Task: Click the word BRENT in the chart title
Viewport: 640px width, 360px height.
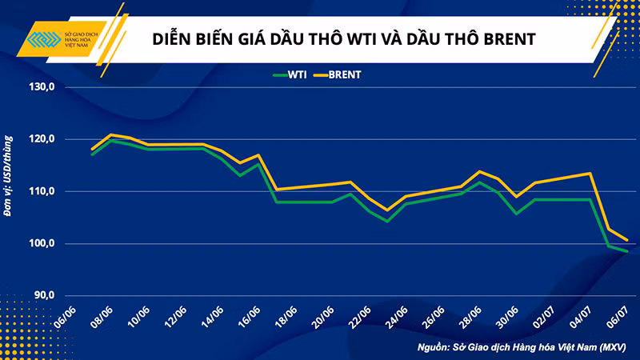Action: pyautogui.click(x=446, y=38)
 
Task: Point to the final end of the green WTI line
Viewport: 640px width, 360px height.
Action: pyautogui.click(x=626, y=250)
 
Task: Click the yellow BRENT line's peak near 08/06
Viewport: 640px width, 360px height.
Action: pyautogui.click(x=110, y=134)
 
